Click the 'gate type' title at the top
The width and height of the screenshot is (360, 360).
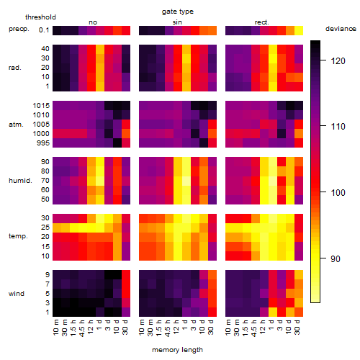[x=178, y=12]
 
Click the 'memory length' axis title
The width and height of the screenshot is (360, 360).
[x=177, y=350]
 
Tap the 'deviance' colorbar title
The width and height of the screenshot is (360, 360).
[x=341, y=29]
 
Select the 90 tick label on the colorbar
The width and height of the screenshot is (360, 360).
[x=336, y=258]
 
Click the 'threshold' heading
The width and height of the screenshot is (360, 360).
[x=40, y=17]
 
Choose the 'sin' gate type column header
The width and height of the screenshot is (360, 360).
[x=177, y=22]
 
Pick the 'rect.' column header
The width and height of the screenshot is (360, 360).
[x=261, y=22]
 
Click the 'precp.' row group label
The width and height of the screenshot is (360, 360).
[x=19, y=29]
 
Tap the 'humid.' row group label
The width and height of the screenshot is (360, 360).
[x=20, y=181]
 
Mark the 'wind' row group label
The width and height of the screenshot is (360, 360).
[x=17, y=294]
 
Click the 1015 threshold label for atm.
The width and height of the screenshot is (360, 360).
[x=41, y=106]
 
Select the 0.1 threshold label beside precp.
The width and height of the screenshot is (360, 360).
[x=44, y=30]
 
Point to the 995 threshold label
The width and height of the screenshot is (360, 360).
[x=43, y=143]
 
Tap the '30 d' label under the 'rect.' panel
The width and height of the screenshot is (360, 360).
[x=297, y=328]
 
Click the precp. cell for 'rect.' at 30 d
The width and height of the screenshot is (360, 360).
[x=299, y=30]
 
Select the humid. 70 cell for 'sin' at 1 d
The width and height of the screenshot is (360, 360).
[x=186, y=181]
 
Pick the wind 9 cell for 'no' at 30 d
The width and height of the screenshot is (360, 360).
[x=126, y=275]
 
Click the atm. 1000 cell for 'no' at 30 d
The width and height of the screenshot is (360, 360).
[x=126, y=134]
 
